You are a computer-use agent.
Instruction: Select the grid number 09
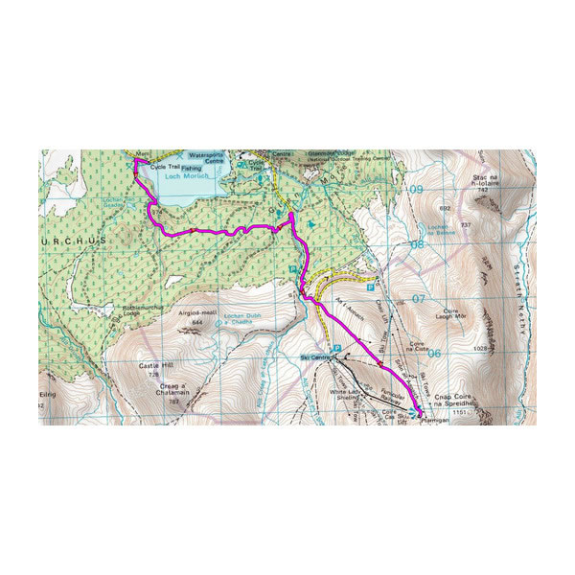pyautogui.click(x=415, y=191)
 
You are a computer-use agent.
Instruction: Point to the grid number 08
pyautogui.click(x=416, y=244)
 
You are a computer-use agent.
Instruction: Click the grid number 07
pyautogui.click(x=417, y=299)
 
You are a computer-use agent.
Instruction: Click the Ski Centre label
pyautogui.click(x=314, y=358)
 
